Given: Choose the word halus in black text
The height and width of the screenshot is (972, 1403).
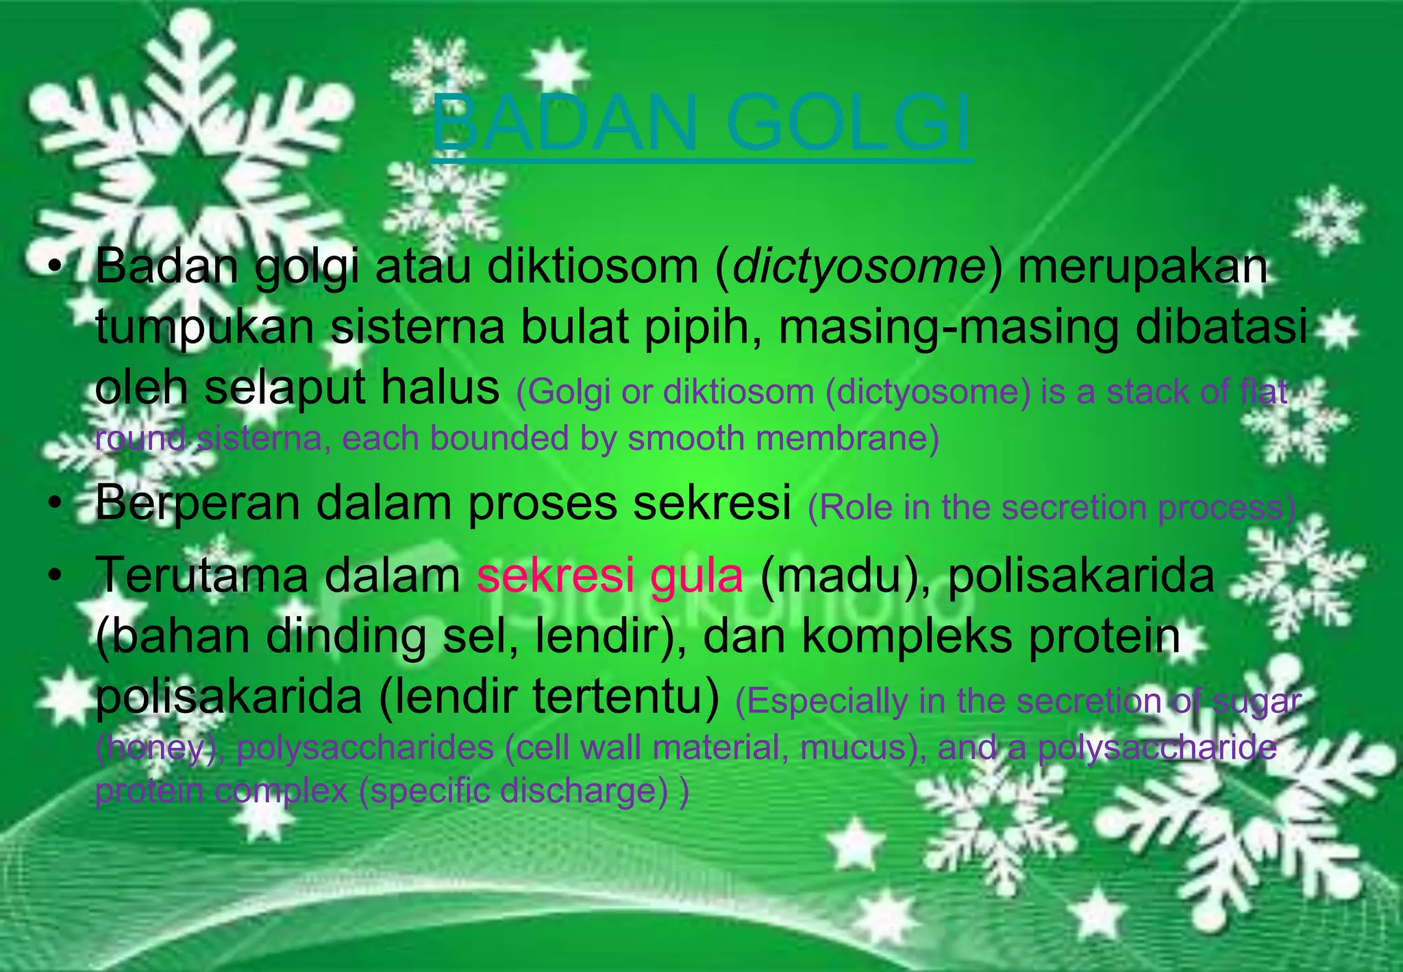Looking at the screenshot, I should point(440,387).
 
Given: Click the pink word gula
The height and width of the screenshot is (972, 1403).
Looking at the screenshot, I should point(696,576).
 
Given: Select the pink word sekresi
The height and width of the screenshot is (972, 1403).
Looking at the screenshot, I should point(556,576).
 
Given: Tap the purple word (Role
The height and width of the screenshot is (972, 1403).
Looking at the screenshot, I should point(849,508).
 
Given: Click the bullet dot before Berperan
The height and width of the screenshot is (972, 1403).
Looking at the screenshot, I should point(55,505).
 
